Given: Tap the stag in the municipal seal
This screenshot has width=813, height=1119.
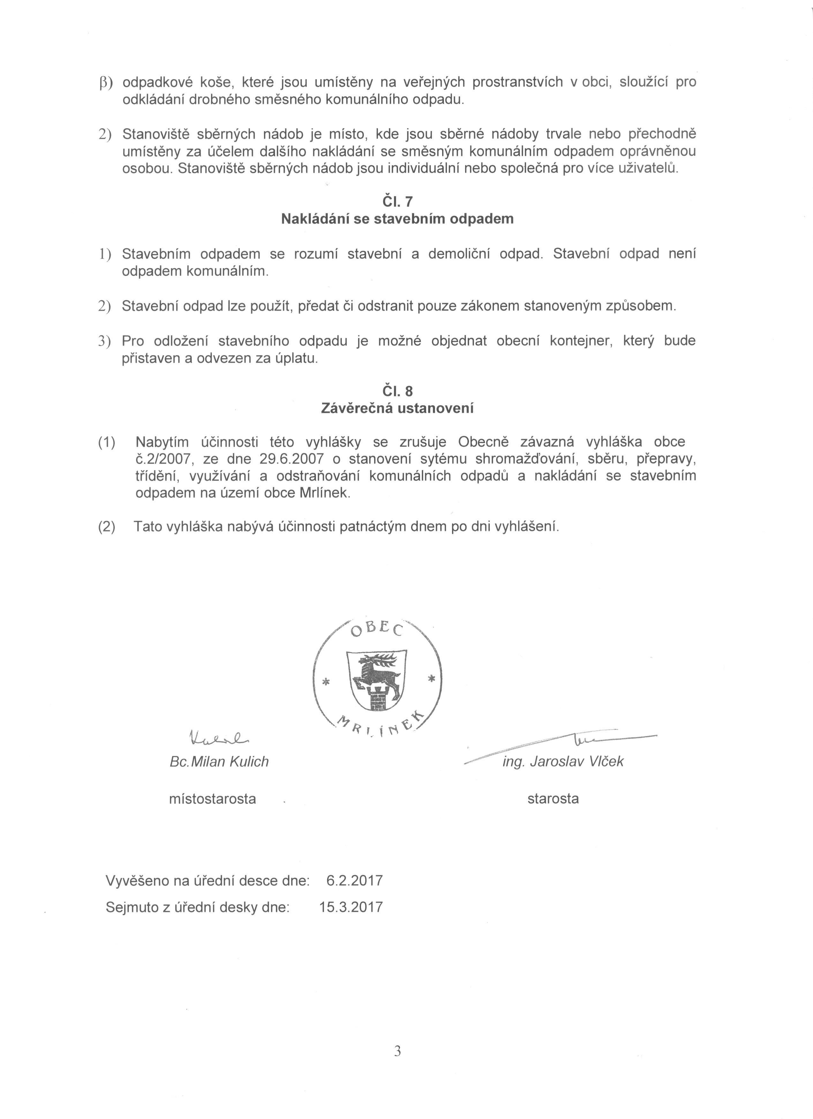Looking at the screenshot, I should (378, 672).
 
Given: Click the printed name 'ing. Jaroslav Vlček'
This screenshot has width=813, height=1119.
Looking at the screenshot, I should (563, 762).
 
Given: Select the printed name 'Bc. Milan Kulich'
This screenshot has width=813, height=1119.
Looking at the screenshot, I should (219, 762).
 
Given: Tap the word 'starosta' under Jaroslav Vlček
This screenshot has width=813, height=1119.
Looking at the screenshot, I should (553, 798).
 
